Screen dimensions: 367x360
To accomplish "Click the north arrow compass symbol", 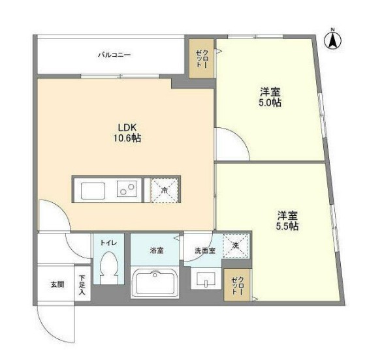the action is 332,40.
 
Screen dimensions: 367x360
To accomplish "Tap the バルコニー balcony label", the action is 114,55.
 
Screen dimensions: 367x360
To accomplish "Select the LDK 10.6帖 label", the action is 127,133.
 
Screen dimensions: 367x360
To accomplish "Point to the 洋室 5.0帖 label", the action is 270,97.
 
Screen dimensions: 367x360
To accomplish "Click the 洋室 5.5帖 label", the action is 287,221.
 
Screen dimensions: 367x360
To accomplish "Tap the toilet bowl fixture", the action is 108,267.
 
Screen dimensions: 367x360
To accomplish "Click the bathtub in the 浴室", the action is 155,283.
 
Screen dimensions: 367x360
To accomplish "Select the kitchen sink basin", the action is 93,190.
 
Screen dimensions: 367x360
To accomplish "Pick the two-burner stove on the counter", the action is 127,189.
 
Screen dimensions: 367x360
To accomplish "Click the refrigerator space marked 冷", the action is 164,190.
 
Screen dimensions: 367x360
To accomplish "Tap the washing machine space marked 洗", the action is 236,245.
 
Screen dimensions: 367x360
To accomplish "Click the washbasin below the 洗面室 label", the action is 206,278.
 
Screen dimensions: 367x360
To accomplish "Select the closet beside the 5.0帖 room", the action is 202,59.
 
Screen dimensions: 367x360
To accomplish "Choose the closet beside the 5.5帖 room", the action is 237,285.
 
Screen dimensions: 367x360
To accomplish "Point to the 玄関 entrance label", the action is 57,284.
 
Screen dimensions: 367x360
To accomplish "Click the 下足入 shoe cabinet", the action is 82,283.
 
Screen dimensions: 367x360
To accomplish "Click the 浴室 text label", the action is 157,250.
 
